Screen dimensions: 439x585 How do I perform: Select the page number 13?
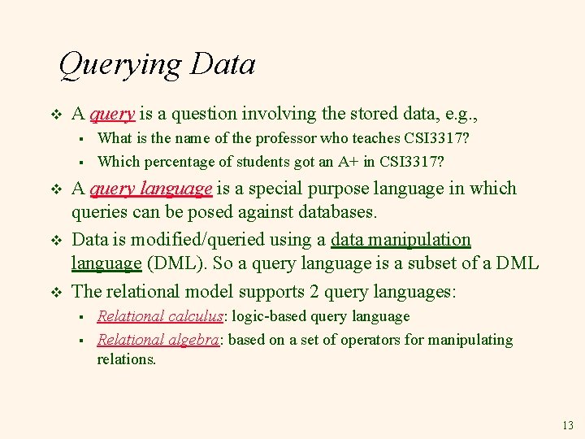[566, 425]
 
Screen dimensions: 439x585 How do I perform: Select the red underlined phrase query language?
[151, 189]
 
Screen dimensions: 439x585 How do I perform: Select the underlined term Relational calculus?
[160, 316]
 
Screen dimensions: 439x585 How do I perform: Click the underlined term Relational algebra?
[158, 340]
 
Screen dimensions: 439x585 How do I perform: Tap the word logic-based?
[268, 316]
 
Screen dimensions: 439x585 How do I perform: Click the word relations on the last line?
[125, 359]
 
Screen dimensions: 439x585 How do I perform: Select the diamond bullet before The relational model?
[56, 291]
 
